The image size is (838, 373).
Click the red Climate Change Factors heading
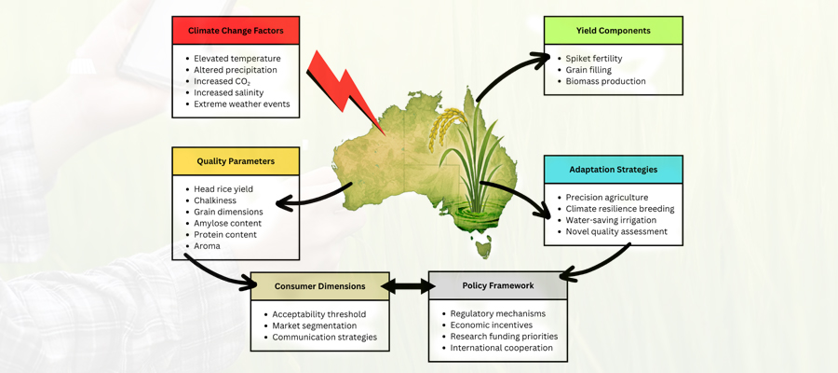pos(236,31)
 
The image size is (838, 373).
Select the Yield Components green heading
pos(613,31)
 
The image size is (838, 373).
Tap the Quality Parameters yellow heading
pos(236,161)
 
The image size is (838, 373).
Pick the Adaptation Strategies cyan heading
pos(613,170)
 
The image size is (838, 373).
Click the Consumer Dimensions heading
pos(319,286)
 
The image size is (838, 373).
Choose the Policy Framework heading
pos(497,286)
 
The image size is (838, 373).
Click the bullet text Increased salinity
pos(228,92)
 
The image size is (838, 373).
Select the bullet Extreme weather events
pos(241,104)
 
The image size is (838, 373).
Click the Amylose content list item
pos(227,223)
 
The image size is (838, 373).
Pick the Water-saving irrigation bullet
pos(610,220)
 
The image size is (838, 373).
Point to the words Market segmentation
pos(314,325)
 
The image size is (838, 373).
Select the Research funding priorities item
pos(504,337)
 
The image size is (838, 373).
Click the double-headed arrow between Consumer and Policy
pos(408,286)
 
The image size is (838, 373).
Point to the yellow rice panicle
pos(447,127)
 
